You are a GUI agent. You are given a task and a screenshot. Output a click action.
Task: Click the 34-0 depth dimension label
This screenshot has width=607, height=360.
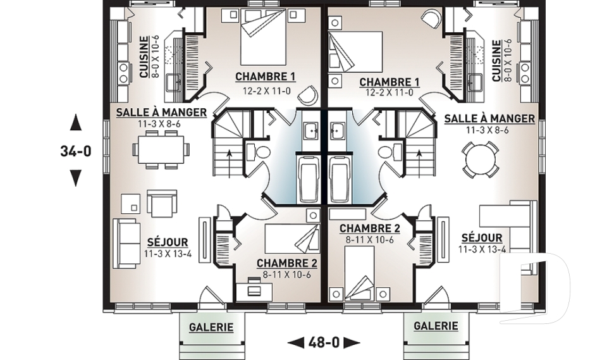tap(75, 152)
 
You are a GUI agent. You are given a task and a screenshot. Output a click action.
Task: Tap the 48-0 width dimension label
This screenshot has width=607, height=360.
tap(324, 342)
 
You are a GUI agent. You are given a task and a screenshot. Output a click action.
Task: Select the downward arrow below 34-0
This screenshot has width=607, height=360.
tap(75, 179)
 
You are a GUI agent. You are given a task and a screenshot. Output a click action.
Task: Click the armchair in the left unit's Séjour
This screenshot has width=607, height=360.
tap(161, 203)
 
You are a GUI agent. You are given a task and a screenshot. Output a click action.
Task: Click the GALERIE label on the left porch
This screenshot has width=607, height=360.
tap(211, 327)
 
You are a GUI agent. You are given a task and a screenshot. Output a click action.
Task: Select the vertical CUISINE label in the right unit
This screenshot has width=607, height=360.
tap(498, 60)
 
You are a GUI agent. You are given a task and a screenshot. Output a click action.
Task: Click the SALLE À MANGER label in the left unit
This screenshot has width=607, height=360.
tap(161, 113)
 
